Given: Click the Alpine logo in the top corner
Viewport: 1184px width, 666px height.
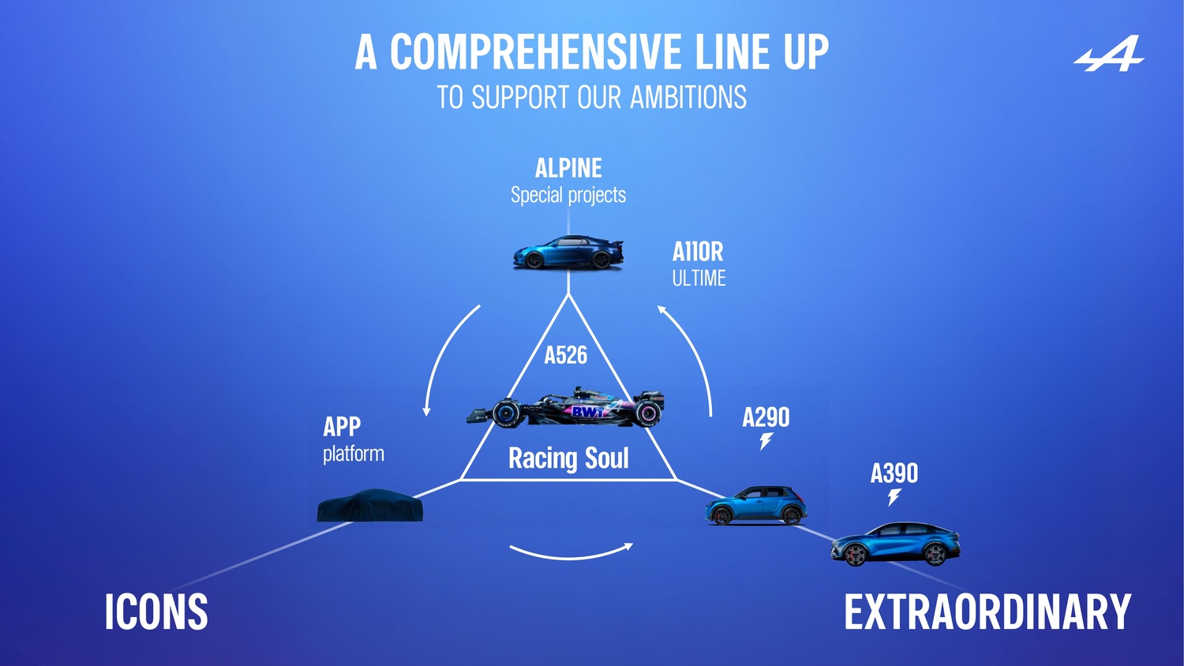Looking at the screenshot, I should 1109,54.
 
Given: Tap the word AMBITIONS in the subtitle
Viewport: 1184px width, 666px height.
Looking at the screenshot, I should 688,98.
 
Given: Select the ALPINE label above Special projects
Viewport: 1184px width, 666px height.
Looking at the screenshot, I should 568,168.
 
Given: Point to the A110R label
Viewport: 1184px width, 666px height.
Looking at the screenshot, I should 698,252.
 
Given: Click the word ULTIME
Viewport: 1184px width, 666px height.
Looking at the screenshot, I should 699,279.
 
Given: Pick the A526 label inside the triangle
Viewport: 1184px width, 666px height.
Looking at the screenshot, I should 566,355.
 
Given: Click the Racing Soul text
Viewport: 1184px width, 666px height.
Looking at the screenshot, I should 568,458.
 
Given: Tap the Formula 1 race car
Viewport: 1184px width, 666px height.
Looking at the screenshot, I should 567,408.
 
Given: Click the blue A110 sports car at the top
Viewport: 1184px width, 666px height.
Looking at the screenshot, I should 568,253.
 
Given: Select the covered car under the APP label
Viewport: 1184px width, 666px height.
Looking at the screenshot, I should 369,506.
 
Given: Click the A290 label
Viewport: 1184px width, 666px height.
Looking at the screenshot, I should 766,417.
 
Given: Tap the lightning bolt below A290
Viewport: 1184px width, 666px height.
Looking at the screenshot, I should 766,441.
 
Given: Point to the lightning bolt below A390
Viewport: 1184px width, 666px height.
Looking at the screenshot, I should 894,497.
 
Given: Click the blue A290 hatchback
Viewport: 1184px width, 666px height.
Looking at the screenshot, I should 755,505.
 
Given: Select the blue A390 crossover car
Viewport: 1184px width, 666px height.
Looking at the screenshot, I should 895,544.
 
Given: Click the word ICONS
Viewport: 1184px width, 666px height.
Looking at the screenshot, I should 156,612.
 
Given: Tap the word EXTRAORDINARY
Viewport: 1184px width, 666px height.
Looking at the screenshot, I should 987,612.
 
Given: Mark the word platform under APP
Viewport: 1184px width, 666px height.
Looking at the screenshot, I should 354,454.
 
